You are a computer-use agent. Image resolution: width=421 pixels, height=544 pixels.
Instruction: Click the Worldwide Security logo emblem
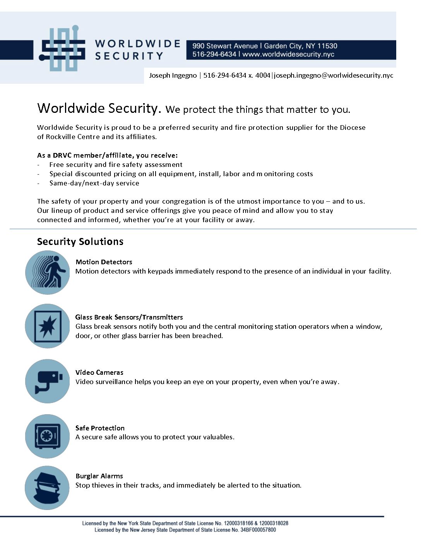62,49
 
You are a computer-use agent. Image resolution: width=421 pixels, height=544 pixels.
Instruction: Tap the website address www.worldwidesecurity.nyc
288,54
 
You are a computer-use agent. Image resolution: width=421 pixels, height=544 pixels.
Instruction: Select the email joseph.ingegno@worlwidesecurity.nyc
334,75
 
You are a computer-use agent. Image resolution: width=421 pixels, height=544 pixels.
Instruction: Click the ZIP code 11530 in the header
327,46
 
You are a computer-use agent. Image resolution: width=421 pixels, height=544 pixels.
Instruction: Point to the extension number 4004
263,75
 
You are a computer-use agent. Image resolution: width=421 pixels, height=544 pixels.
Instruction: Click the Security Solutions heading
80,241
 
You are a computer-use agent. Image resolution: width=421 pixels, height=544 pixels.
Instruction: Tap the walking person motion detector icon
48,272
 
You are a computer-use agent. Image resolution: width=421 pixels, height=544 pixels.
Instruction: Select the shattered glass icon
48,326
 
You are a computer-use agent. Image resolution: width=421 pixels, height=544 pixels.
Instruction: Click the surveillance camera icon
48,381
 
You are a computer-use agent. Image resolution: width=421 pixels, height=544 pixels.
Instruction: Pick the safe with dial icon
48,436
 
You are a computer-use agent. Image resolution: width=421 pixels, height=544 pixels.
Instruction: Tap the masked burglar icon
47,488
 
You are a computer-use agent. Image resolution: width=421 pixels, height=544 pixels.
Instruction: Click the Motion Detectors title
104,262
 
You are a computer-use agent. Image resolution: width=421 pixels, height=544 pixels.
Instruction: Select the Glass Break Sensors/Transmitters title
129,317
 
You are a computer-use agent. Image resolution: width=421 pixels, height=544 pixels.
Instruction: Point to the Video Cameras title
99,372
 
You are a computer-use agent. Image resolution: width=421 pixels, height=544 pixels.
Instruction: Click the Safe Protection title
100,428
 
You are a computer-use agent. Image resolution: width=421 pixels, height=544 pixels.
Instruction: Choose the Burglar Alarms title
99,476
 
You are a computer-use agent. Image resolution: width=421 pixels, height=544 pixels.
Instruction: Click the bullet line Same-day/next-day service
94,183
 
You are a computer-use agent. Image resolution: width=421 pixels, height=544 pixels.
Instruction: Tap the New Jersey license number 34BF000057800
258,530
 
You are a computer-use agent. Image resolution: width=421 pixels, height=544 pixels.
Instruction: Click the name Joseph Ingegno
173,75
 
